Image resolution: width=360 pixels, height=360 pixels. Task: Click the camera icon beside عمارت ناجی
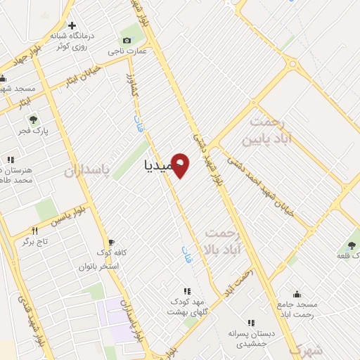click(127, 39)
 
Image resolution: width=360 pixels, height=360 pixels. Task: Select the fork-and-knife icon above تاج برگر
click(33, 230)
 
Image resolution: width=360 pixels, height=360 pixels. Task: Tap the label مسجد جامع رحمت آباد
click(297, 310)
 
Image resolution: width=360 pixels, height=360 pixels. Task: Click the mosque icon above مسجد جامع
click(297, 295)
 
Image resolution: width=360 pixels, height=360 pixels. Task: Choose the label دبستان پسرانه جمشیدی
click(250, 337)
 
